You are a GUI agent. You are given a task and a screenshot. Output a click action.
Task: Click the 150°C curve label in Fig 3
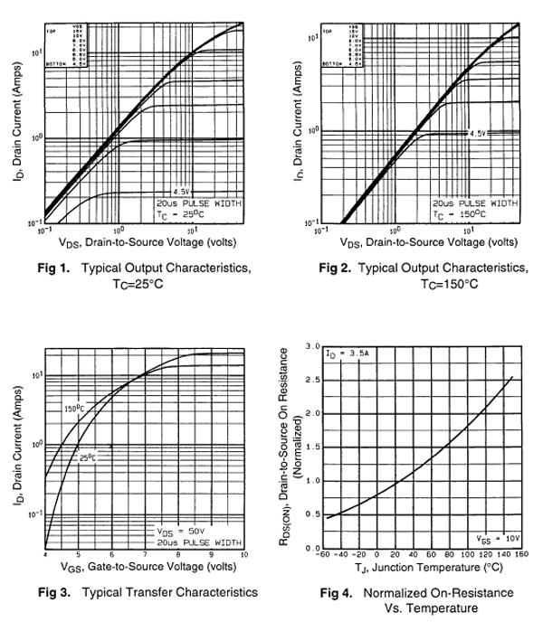[72, 410]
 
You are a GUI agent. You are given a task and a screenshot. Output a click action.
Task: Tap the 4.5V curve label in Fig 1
[181, 193]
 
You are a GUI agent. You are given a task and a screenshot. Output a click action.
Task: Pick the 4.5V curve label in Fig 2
[477, 133]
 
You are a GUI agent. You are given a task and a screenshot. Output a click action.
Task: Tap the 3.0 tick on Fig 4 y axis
[314, 347]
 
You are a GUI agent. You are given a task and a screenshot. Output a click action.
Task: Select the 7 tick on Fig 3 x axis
[145, 554]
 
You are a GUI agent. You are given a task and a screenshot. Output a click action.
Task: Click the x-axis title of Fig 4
[417, 569]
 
